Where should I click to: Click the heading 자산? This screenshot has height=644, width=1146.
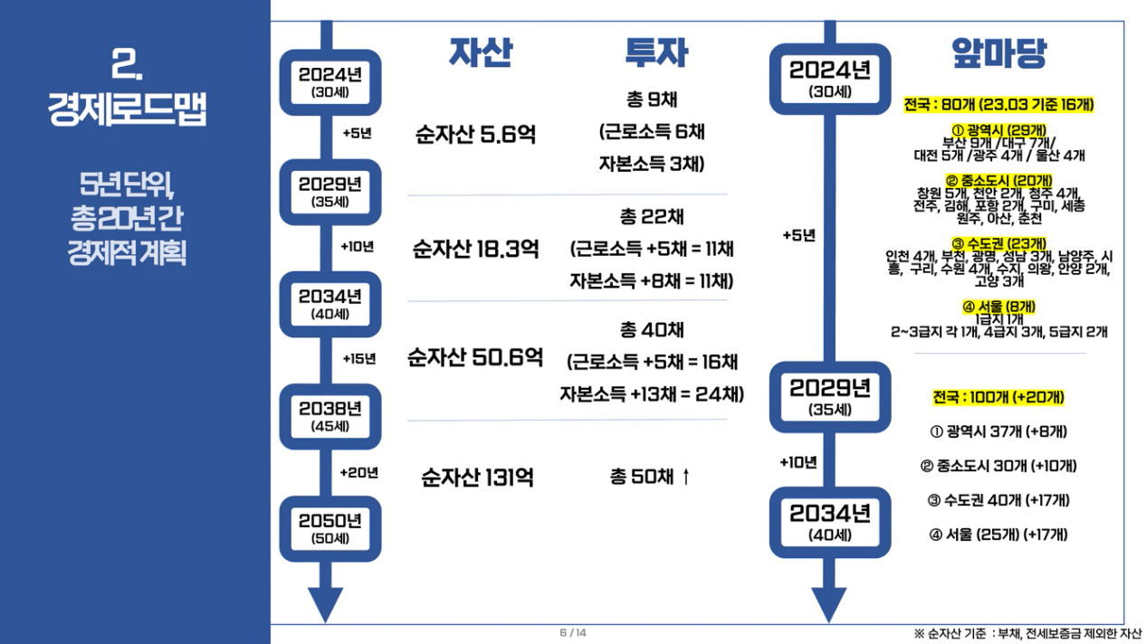click(x=481, y=53)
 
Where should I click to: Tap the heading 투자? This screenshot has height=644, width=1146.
click(x=656, y=53)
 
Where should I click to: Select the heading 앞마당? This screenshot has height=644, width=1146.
click(x=998, y=53)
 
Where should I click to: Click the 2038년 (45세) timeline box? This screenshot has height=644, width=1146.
click(x=330, y=416)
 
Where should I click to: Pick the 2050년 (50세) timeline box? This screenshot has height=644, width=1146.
click(x=330, y=528)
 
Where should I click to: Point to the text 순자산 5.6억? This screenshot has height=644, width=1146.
click(x=475, y=135)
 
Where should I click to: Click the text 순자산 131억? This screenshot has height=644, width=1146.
click(x=477, y=477)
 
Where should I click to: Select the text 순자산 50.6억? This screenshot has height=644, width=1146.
click(x=475, y=356)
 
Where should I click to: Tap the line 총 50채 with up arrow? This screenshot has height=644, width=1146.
click(x=650, y=476)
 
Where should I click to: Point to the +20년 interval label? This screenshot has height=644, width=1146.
click(x=359, y=472)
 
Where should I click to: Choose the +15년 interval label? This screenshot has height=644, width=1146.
click(x=359, y=358)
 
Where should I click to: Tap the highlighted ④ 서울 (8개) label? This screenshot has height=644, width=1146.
click(x=999, y=307)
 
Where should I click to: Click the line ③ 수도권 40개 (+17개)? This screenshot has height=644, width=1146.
click(x=998, y=500)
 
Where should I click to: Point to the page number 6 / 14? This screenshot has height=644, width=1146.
click(x=573, y=633)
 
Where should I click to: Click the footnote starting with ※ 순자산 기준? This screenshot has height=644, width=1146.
click(x=1027, y=633)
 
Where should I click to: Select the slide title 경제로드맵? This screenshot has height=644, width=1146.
click(x=128, y=111)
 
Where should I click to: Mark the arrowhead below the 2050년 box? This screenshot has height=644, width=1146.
click(x=326, y=604)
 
